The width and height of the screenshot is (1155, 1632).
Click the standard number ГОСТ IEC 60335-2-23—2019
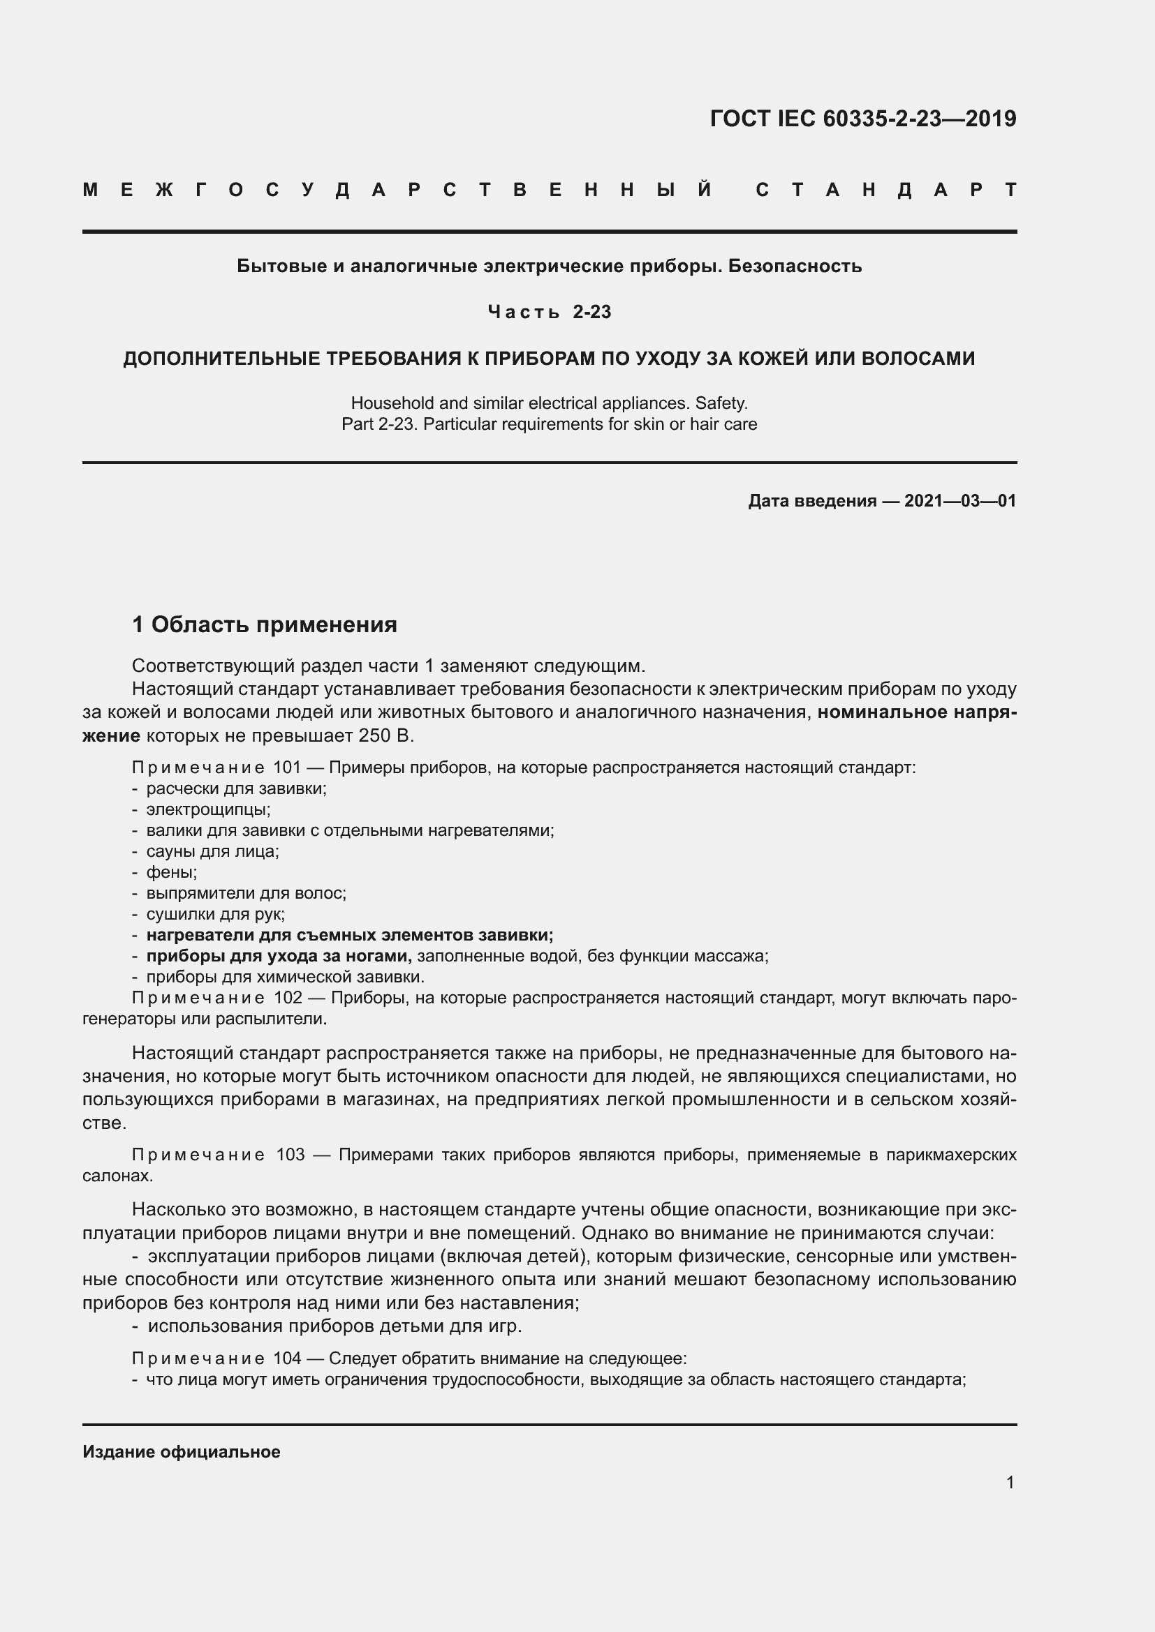point(862,119)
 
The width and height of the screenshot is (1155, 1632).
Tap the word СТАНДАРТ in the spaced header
point(885,190)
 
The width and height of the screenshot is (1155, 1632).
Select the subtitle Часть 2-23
point(549,312)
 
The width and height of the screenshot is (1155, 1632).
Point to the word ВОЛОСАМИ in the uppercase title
point(918,358)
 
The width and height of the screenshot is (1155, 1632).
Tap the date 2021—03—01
point(959,501)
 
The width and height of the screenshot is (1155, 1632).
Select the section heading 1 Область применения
point(265,624)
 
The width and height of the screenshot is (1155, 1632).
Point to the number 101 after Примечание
point(287,768)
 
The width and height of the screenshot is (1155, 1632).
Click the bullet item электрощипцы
point(208,809)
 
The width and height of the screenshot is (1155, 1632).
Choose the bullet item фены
point(171,872)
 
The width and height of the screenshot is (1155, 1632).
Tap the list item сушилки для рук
point(216,914)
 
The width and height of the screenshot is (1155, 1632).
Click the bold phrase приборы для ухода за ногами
point(279,956)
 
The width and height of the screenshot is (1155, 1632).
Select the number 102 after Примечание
point(288,998)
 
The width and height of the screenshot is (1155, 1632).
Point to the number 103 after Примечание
point(290,1155)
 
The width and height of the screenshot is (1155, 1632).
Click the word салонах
point(118,1176)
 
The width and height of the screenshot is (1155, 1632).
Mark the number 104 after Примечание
point(287,1359)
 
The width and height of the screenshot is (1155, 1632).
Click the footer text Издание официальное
point(182,1452)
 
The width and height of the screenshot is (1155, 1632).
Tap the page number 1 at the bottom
point(1010,1483)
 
